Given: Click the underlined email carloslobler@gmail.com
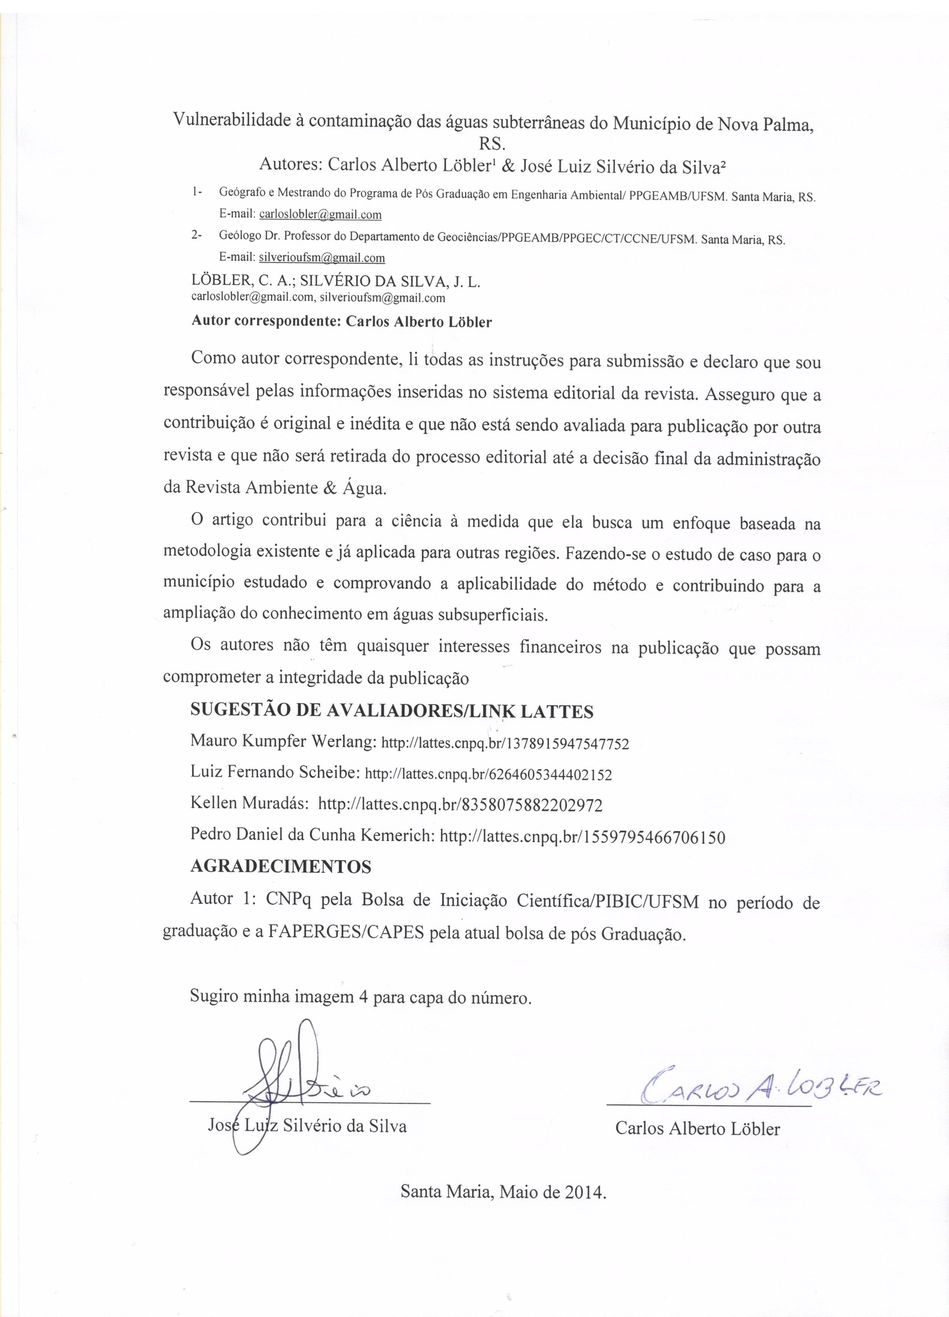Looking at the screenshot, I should pyautogui.click(x=320, y=214).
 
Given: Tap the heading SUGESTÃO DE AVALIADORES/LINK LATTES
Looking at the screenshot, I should pyautogui.click(x=392, y=711).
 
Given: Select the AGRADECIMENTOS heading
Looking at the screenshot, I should pyautogui.click(x=281, y=867).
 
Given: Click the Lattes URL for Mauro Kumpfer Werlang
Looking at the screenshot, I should pyautogui.click(x=505, y=744).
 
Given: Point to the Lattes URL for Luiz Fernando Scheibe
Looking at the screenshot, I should pyautogui.click(x=488, y=775).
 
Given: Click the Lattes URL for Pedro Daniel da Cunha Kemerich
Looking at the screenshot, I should pyautogui.click(x=583, y=837).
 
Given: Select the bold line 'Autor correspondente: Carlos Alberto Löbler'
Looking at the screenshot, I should pyautogui.click(x=341, y=322).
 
